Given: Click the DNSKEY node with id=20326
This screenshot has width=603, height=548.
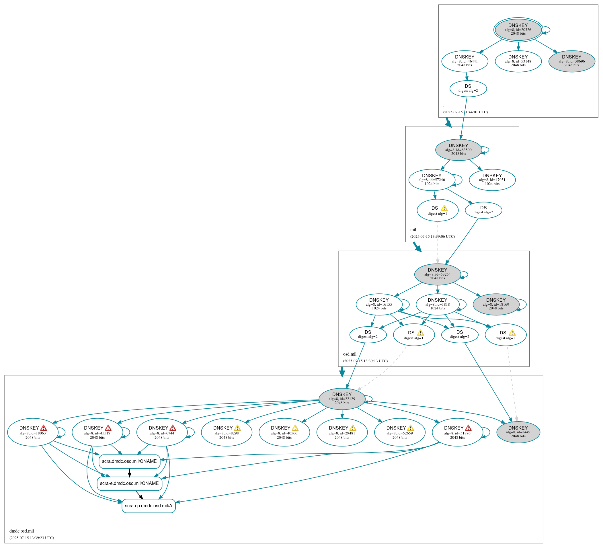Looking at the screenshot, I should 518,30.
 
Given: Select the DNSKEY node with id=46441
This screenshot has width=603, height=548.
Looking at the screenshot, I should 465,61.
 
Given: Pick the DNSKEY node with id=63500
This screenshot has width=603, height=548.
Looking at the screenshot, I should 458,150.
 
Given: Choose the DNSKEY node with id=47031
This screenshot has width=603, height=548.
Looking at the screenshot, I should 492,180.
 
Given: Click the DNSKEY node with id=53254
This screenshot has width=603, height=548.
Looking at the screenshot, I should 437,274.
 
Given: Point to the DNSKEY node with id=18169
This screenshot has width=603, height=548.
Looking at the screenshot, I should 496,304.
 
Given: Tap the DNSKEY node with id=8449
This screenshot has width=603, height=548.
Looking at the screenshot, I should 518,432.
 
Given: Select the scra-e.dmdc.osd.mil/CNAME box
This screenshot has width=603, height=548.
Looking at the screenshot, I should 129,483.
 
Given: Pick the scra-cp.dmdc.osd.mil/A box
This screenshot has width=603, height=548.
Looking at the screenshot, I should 148,506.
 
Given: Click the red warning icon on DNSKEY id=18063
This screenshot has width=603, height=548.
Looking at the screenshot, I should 43,428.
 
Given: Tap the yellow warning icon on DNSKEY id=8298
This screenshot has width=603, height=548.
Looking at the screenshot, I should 237,428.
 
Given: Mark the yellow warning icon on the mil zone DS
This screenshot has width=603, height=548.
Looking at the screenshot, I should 444,208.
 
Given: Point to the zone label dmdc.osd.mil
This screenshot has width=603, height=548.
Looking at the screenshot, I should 22,531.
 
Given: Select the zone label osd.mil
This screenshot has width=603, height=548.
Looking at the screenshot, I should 350,354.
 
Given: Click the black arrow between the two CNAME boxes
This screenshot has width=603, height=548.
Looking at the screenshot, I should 130,473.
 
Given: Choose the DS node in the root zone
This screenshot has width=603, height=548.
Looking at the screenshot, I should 468,89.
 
